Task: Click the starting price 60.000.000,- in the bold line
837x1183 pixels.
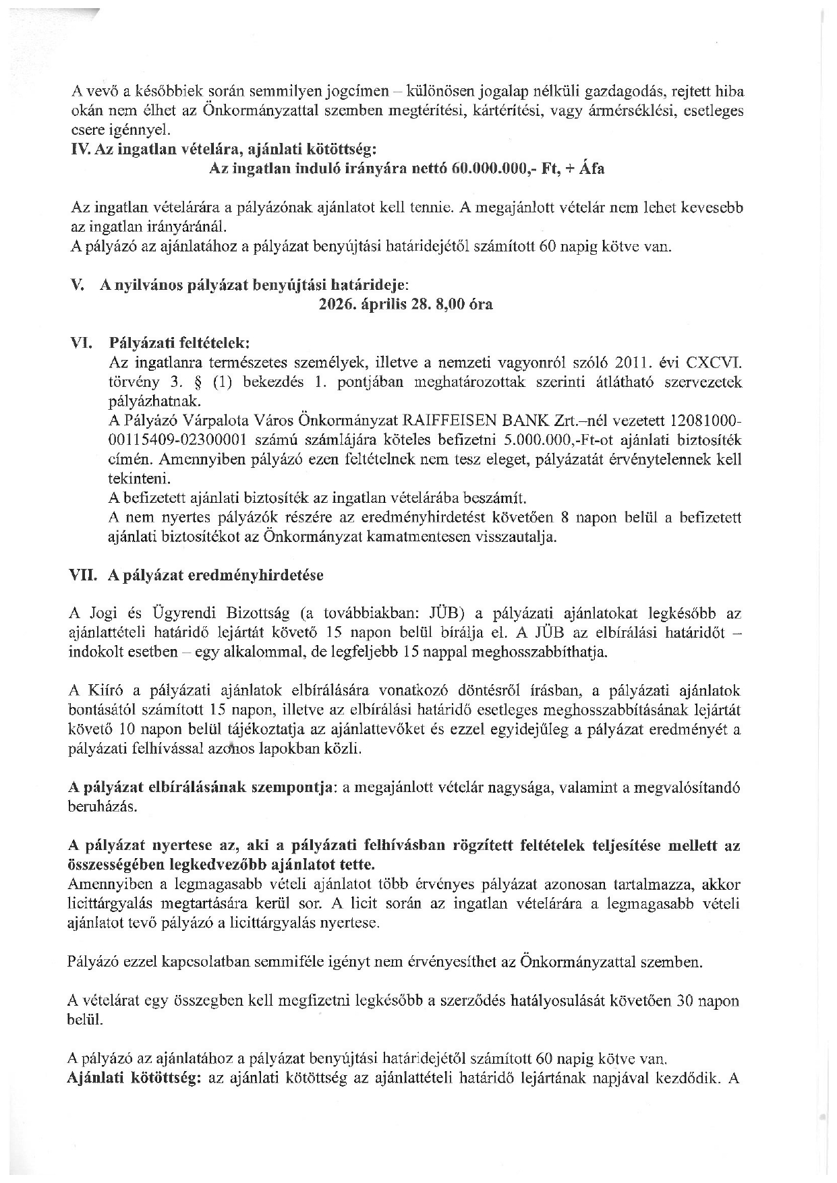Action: pos(489,169)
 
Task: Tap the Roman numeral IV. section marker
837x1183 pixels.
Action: pos(81,149)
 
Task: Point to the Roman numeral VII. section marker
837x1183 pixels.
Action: pos(84,576)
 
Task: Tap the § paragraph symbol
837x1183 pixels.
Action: pos(198,382)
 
